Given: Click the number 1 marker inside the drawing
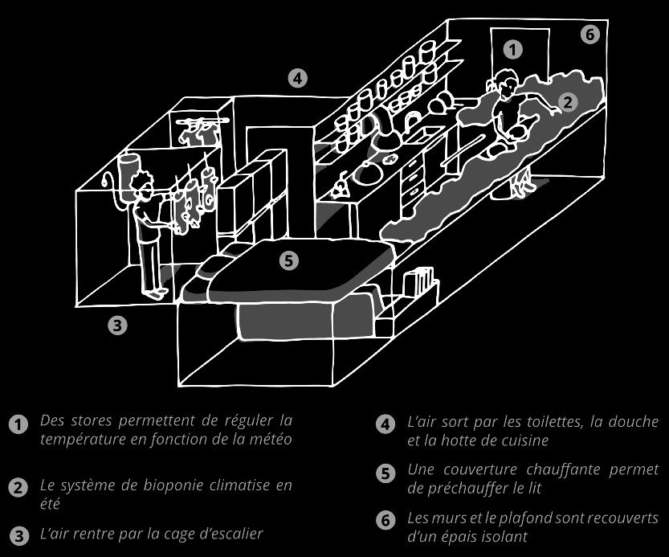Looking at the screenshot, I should pos(514,49).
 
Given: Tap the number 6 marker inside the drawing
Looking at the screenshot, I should pos(589,35).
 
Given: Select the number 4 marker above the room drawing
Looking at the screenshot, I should pos(297,78).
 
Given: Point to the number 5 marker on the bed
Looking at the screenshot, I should pos(289,260).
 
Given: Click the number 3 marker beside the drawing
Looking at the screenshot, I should pos(118,326).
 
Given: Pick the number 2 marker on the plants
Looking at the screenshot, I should pos(566,102).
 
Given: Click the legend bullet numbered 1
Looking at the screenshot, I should pos(16,425).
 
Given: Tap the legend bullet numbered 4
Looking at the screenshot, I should pos(385,425).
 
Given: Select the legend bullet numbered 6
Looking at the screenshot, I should pos(385,522).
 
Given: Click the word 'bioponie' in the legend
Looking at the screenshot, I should pos(175,486).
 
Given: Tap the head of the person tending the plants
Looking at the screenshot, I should pos(505,83).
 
